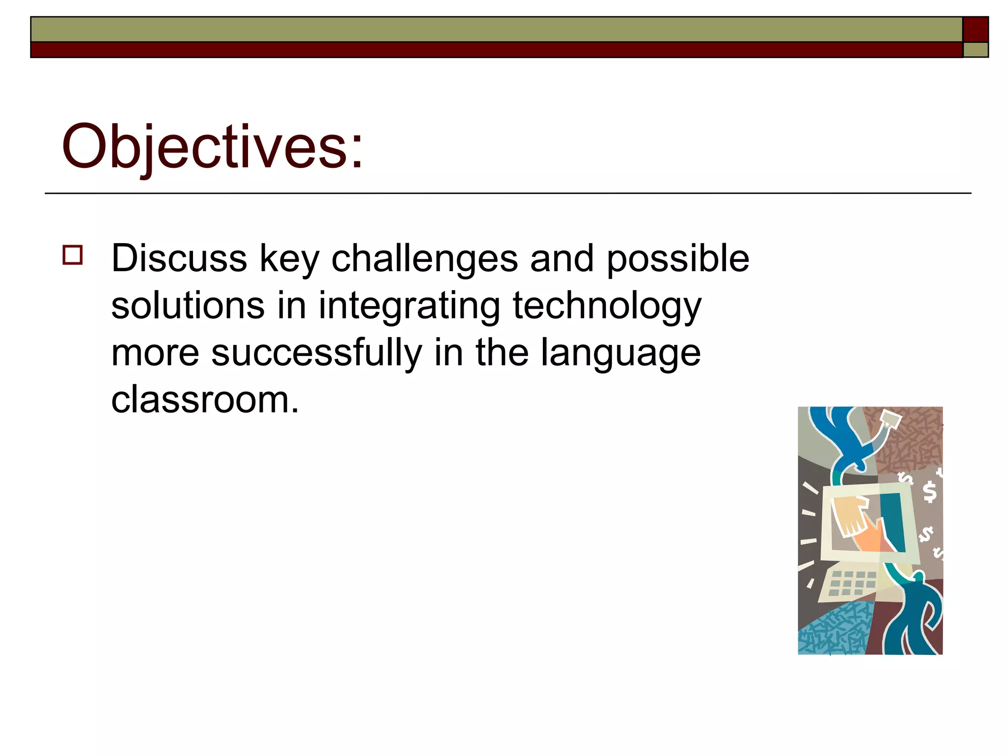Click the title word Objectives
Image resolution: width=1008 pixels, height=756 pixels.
click(x=212, y=147)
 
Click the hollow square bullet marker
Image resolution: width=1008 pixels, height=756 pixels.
click(x=72, y=255)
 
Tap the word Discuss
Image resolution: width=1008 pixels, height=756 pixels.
click(x=179, y=258)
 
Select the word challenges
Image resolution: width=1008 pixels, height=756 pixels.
click(x=424, y=258)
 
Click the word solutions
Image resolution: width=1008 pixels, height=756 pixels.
click(x=188, y=306)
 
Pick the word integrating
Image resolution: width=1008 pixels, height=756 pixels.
click(x=409, y=306)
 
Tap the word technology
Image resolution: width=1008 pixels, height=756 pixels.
click(x=607, y=306)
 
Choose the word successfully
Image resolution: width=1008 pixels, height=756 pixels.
click(x=316, y=353)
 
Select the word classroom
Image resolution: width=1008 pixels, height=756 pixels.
click(x=204, y=399)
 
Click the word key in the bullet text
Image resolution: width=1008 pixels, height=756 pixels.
click(x=289, y=258)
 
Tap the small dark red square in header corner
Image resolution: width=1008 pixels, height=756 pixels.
click(x=976, y=29)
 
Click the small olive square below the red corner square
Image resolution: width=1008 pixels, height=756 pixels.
click(x=976, y=50)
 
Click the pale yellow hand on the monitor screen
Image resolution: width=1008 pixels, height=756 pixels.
click(x=849, y=514)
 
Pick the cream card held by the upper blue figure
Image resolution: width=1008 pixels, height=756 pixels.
click(x=890, y=419)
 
